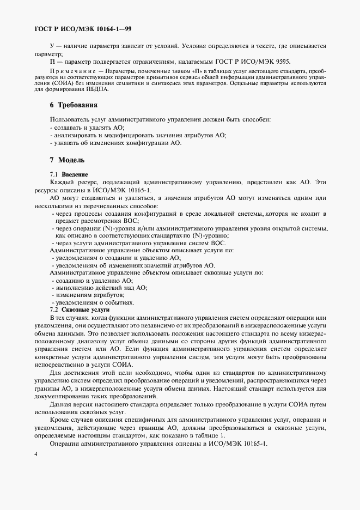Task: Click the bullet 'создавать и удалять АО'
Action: (88, 127)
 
